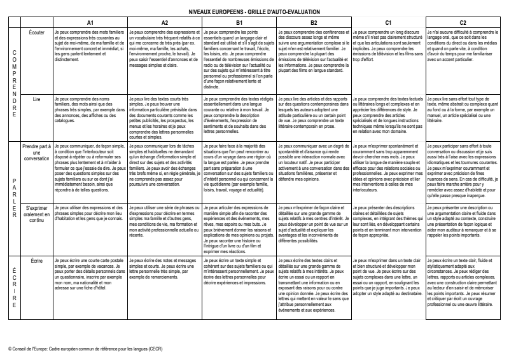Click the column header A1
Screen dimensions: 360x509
pos(90,23)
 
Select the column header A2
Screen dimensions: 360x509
pos(164,23)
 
